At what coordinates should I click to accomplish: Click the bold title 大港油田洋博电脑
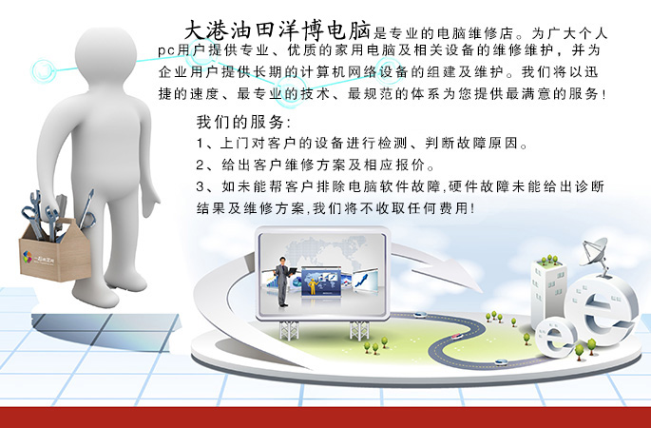(278, 29)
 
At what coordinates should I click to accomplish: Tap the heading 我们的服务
(240, 122)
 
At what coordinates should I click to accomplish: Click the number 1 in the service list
(200, 144)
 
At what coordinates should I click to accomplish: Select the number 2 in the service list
(201, 165)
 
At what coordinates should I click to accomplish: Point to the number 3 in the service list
(201, 187)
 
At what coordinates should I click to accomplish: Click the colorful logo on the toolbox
(28, 257)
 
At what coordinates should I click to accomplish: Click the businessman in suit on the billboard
(283, 281)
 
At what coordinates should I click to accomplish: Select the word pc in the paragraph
(165, 51)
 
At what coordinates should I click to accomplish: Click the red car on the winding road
(457, 336)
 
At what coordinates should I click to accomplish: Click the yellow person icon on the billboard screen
(313, 286)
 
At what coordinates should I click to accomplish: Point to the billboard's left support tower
(289, 330)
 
